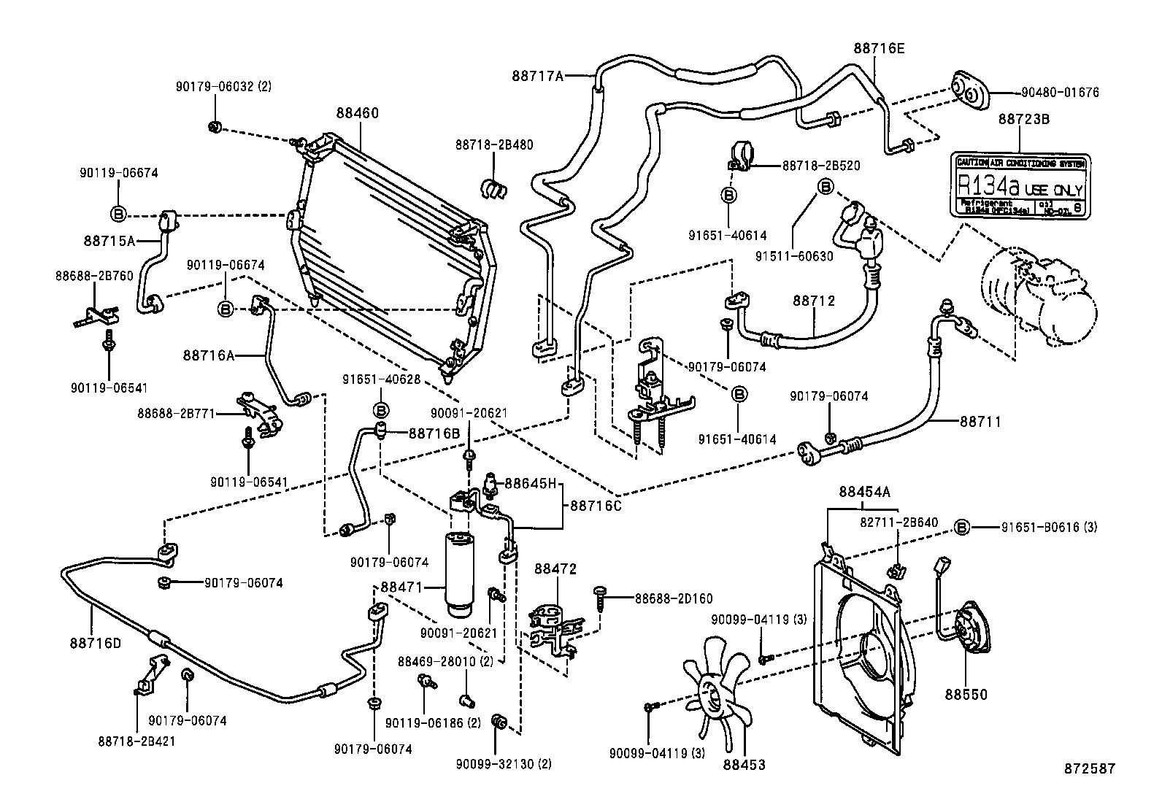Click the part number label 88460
click(x=358, y=113)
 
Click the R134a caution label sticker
click(x=1021, y=185)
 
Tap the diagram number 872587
click(x=1089, y=768)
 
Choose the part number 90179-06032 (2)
click(x=223, y=86)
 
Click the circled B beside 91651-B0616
click(x=962, y=528)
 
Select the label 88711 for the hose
click(x=980, y=421)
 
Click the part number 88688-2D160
click(x=673, y=598)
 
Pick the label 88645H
click(x=531, y=482)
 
